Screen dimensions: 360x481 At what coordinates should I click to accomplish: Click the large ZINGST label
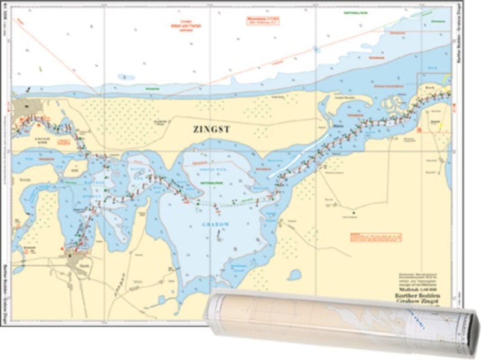point(212,130)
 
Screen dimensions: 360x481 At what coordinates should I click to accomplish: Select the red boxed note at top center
point(262,20)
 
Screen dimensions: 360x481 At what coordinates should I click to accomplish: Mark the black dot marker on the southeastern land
point(354,212)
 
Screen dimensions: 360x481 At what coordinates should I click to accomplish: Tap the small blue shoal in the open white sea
point(126,77)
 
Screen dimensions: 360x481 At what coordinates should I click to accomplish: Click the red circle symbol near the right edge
point(419,130)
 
